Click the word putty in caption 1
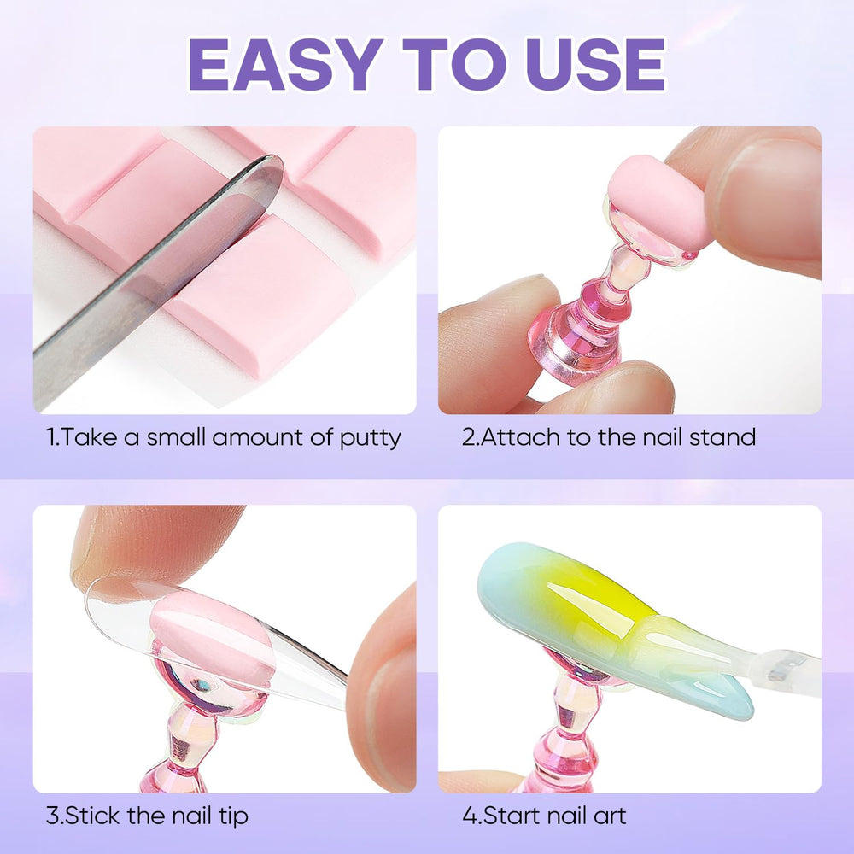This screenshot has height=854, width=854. (371, 438)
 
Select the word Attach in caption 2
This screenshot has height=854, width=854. (520, 437)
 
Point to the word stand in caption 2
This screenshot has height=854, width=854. (722, 437)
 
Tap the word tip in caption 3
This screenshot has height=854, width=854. (232, 817)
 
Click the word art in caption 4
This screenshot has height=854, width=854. (608, 816)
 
